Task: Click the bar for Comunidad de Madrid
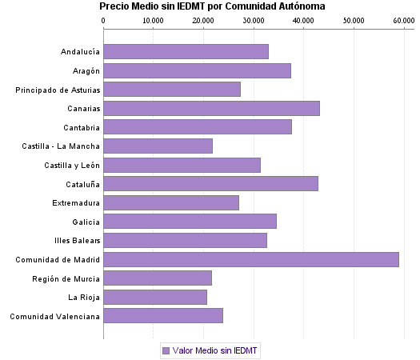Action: click(x=251, y=259)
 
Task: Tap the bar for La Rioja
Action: click(x=155, y=298)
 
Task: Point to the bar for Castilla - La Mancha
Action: click(x=158, y=146)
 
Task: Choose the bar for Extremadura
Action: click(x=171, y=202)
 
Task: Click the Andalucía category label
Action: click(x=80, y=52)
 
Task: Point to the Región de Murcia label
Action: click(x=66, y=278)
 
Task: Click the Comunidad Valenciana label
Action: click(x=55, y=316)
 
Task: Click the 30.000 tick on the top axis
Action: click(x=254, y=19)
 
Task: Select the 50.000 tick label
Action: click(x=354, y=19)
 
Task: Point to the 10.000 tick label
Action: click(x=153, y=19)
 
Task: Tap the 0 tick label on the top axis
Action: click(x=104, y=19)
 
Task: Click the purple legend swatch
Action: click(x=166, y=350)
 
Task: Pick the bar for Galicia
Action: click(x=190, y=221)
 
